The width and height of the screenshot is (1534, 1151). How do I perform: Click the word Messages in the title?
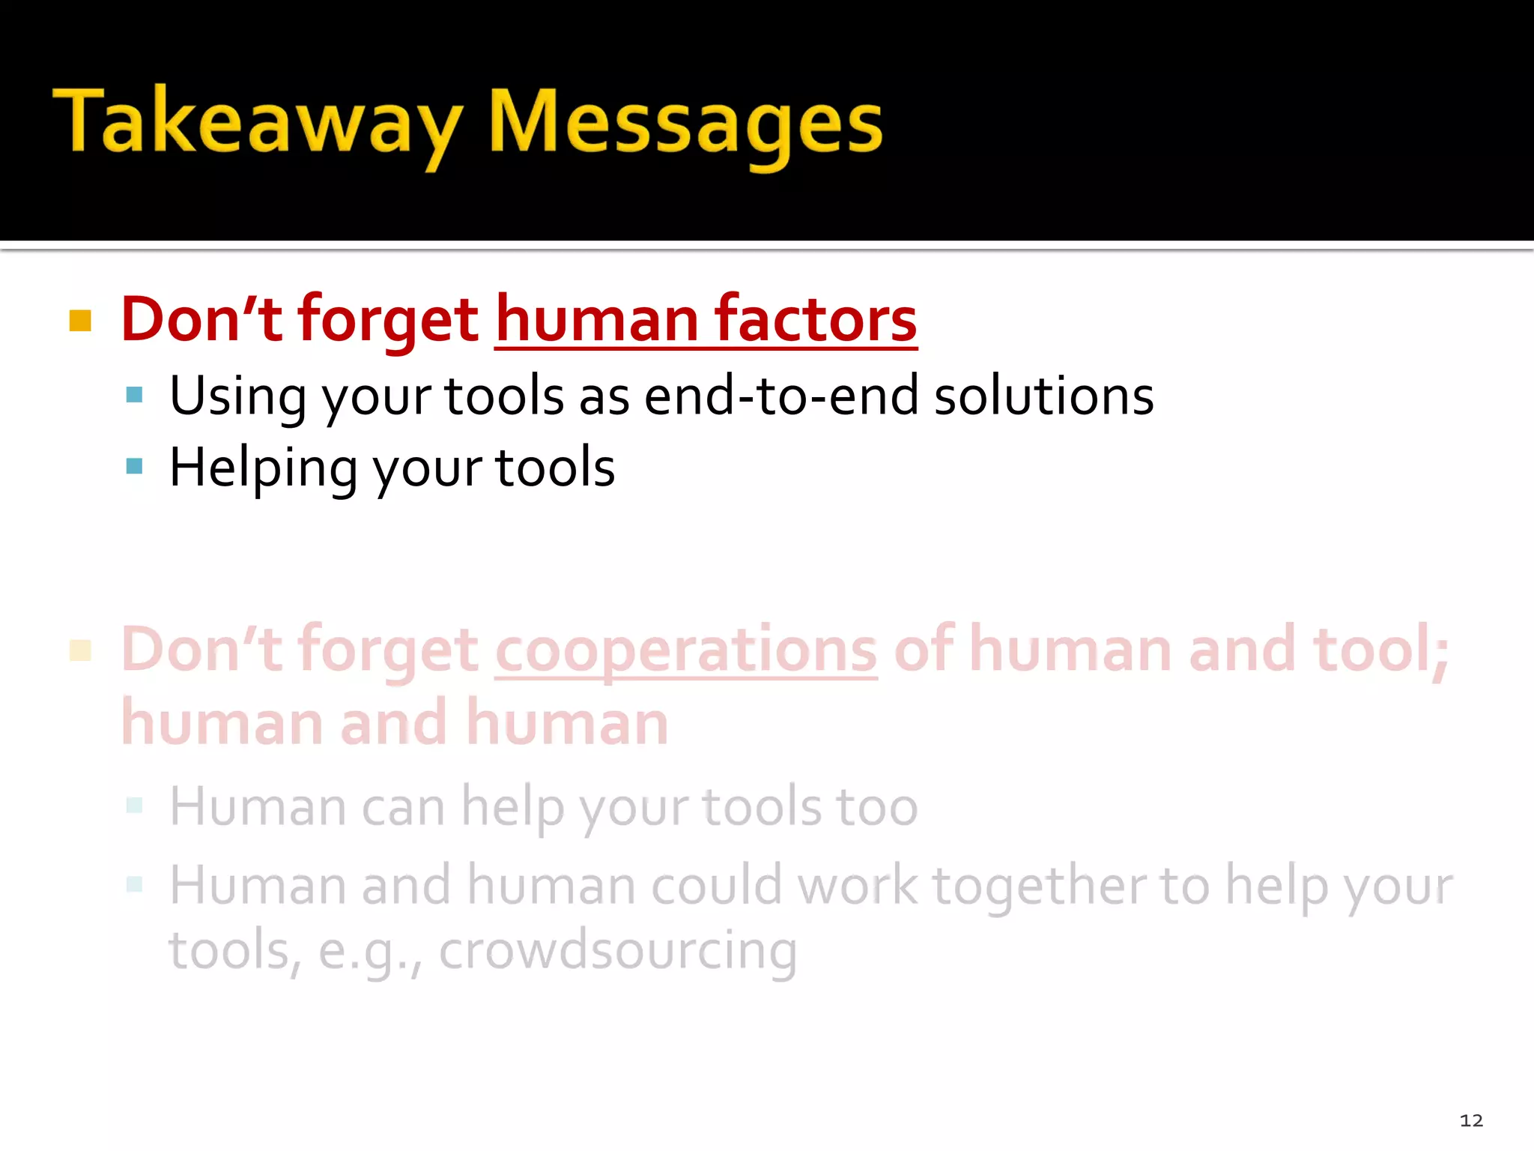685,124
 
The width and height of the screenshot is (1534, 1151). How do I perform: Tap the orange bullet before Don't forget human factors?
80,321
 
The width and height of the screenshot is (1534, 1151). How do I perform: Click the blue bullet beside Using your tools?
135,395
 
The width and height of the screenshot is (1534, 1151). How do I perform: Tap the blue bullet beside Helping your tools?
135,466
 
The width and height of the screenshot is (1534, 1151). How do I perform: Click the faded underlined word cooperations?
685,650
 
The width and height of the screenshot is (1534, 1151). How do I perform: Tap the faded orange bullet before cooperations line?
80,650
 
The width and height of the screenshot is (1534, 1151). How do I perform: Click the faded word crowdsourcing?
618,950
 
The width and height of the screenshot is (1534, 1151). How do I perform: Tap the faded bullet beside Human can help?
135,806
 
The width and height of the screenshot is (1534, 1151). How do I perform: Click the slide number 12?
1471,1120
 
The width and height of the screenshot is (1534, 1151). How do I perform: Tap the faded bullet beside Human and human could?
135,884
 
